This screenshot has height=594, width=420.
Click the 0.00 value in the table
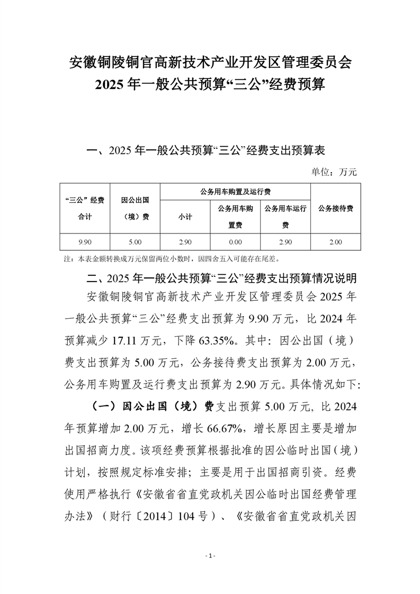[x=235, y=242]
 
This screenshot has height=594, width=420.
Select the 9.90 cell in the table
[x=85, y=242]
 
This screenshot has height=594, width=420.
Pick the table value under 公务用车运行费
[x=285, y=242]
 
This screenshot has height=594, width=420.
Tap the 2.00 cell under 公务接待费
[x=335, y=242]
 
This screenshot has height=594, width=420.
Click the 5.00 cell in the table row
[x=135, y=242]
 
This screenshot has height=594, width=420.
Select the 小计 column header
[x=185, y=217]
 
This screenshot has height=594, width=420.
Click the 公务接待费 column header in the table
[x=335, y=208]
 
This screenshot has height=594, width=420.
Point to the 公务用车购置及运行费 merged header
[x=235, y=192]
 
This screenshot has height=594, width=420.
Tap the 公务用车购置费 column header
[x=235, y=217]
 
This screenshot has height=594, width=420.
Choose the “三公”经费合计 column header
[x=85, y=208]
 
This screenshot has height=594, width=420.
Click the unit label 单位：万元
[x=335, y=172]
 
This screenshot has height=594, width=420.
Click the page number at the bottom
[x=210, y=555]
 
